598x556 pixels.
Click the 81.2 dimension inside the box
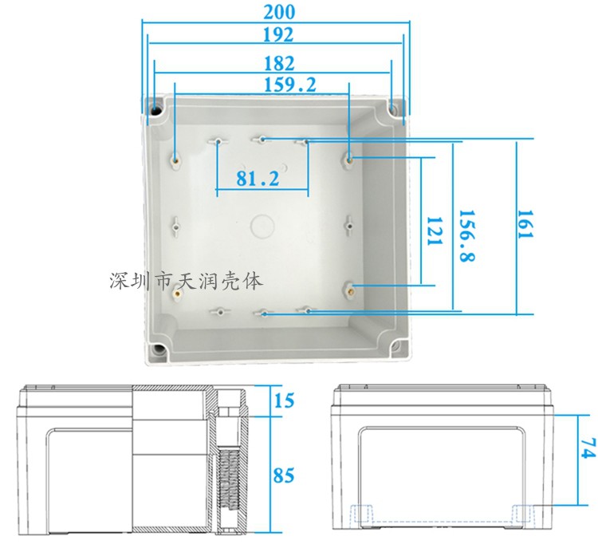tap(258, 179)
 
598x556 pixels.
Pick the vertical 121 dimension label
tap(432, 231)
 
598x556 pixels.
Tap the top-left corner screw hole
tap(155, 107)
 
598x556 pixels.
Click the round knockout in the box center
tap(261, 226)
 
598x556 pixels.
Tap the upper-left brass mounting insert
tap(175, 157)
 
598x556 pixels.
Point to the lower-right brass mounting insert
tap(349, 288)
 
